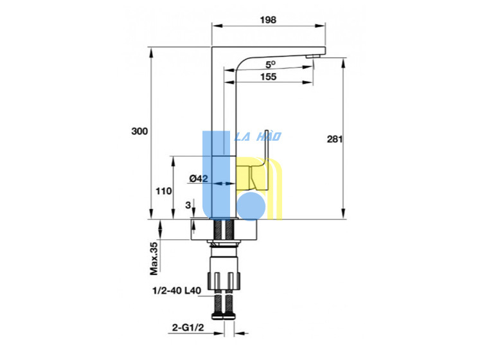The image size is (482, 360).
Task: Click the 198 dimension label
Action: click(x=268, y=20)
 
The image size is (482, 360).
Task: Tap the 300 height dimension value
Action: click(x=139, y=131)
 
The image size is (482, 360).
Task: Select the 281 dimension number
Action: click(x=334, y=139)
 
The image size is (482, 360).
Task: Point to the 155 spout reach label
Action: click(x=269, y=76)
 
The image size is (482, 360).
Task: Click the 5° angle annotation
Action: click(x=270, y=65)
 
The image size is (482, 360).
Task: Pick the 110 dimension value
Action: click(x=163, y=191)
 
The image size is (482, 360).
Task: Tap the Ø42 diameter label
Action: click(x=199, y=178)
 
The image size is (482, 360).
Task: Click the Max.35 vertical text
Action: click(x=154, y=258)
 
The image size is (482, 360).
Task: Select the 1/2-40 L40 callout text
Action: click(x=177, y=291)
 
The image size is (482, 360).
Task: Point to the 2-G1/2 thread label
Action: click(x=188, y=327)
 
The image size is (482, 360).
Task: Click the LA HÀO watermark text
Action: click(x=258, y=136)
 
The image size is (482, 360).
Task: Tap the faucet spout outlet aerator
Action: click(x=314, y=57)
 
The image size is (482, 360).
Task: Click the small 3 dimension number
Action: click(x=188, y=205)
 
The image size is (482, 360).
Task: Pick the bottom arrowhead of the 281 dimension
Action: click(x=343, y=213)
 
